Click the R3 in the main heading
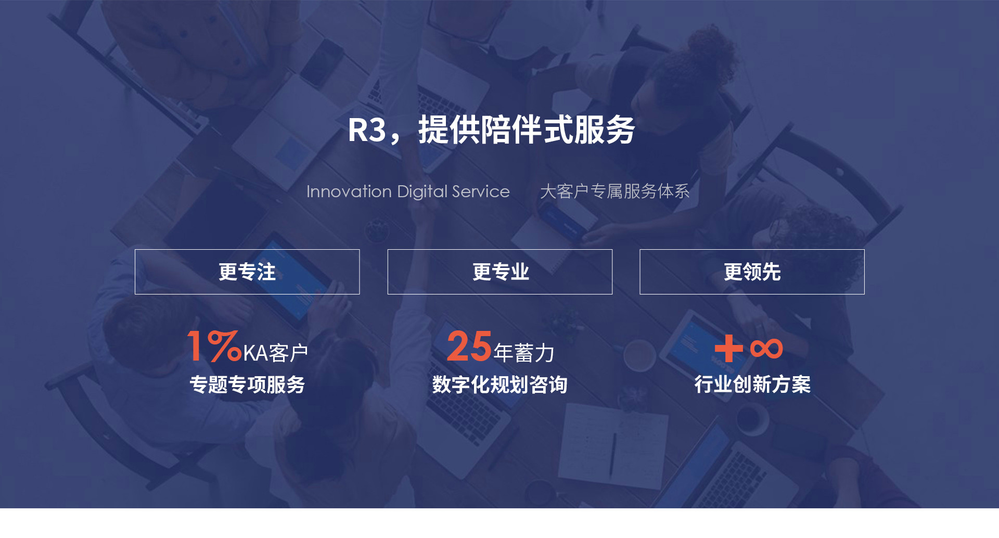point(367,130)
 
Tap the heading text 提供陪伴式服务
point(527,130)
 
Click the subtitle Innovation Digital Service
point(408,191)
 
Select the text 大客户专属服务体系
point(615,191)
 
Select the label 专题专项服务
point(247,385)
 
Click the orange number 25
point(469,346)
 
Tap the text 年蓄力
point(524,353)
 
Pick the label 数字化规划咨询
point(500,385)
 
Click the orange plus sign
point(728,348)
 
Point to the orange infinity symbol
point(766,349)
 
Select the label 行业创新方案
point(752,385)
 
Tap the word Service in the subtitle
point(481,191)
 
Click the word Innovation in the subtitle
point(349,191)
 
